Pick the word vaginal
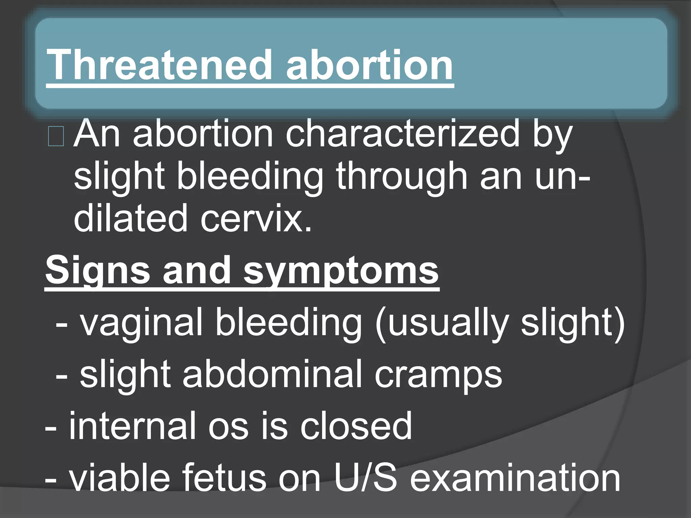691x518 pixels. point(142,324)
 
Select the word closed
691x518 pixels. point(356,426)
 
